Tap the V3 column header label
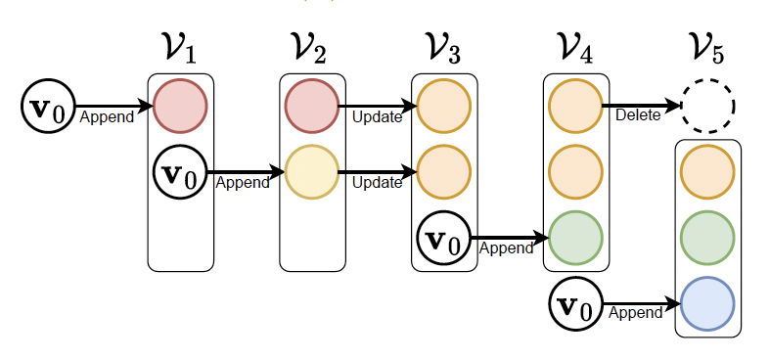point(442,48)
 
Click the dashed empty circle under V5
point(708,105)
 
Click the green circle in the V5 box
point(707,235)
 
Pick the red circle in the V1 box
point(180,105)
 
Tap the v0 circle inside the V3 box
point(443,238)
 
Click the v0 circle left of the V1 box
point(47,105)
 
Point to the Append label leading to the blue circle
point(634,313)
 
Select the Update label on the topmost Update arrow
point(377,116)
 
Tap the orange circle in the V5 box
point(707,169)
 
